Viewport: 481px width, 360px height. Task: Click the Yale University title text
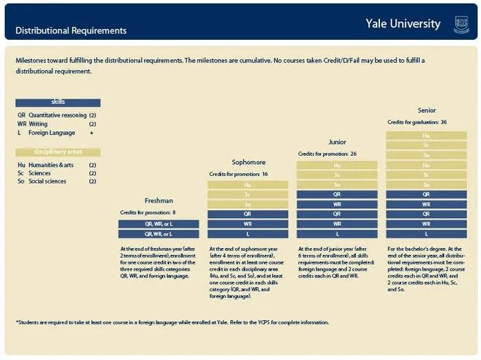click(403, 24)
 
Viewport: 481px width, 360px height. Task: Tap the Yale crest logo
click(462, 25)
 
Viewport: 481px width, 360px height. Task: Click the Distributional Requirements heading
click(71, 31)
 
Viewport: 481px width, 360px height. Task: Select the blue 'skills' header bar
click(58, 102)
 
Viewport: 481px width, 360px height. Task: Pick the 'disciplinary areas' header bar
click(58, 152)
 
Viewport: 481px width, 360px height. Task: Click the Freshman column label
click(159, 201)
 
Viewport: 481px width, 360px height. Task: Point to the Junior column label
click(337, 142)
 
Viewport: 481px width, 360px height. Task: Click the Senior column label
click(427, 110)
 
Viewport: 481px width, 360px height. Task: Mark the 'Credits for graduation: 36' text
click(417, 122)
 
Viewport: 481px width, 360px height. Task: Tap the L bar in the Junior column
click(337, 234)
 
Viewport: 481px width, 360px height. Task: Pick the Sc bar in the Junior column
click(337, 175)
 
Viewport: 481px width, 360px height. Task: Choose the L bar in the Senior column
click(427, 234)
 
